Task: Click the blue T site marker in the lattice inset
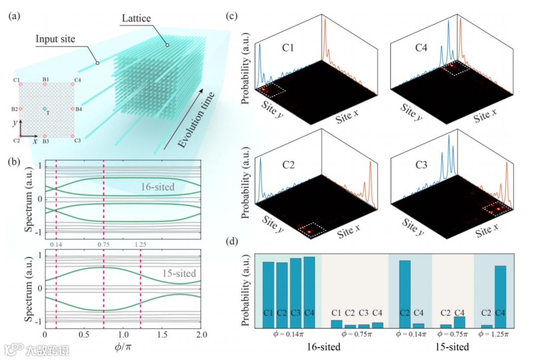point(45,109)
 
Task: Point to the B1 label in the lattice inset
point(45,79)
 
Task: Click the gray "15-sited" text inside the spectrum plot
point(179,273)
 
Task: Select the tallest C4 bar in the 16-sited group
point(309,291)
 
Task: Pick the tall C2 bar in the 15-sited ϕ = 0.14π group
point(405,293)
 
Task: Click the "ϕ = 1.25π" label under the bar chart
point(493,334)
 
